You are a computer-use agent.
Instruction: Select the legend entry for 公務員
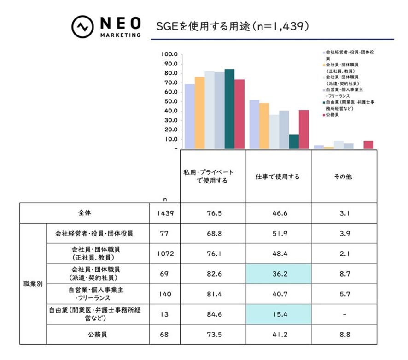(332, 115)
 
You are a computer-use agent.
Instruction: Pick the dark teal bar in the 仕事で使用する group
(293, 142)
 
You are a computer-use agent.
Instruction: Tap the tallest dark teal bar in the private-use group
(229, 109)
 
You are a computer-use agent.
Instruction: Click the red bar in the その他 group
(368, 145)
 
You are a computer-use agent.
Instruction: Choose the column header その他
(343, 177)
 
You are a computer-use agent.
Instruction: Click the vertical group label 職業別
(33, 284)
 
